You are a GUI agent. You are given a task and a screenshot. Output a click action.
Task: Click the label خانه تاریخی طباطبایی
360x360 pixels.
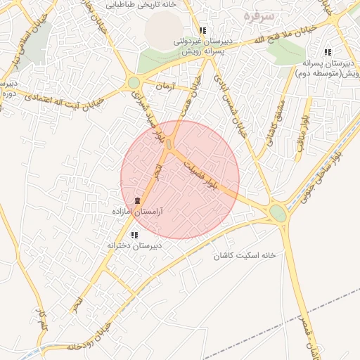point(139,4)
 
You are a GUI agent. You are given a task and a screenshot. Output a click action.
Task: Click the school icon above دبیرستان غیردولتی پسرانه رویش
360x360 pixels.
point(202,31)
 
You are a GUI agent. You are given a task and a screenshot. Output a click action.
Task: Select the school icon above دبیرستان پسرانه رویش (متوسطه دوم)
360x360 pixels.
point(328,52)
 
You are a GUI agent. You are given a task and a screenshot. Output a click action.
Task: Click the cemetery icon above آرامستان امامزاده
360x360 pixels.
point(136,201)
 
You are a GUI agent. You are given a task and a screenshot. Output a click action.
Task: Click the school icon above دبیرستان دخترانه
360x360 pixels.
point(134,235)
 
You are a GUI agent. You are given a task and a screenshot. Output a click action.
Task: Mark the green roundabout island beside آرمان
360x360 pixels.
point(134,83)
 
